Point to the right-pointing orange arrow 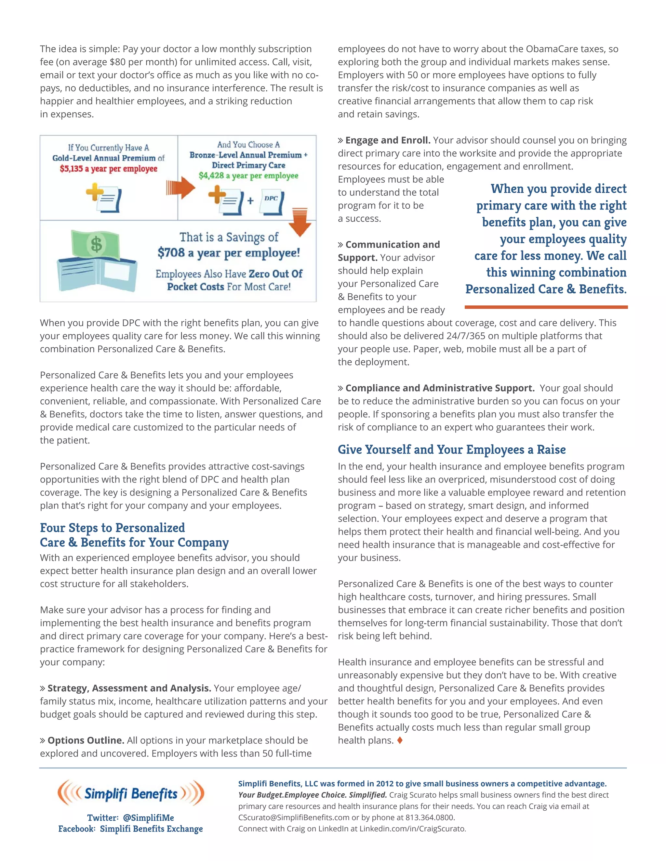[x=181, y=188]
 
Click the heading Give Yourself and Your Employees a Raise [x=451, y=449]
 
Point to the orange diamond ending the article [x=400, y=740]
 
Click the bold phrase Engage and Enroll [x=387, y=140]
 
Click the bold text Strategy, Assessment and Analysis [x=129, y=688]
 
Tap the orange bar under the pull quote [x=546, y=307]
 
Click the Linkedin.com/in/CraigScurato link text [x=412, y=829]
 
